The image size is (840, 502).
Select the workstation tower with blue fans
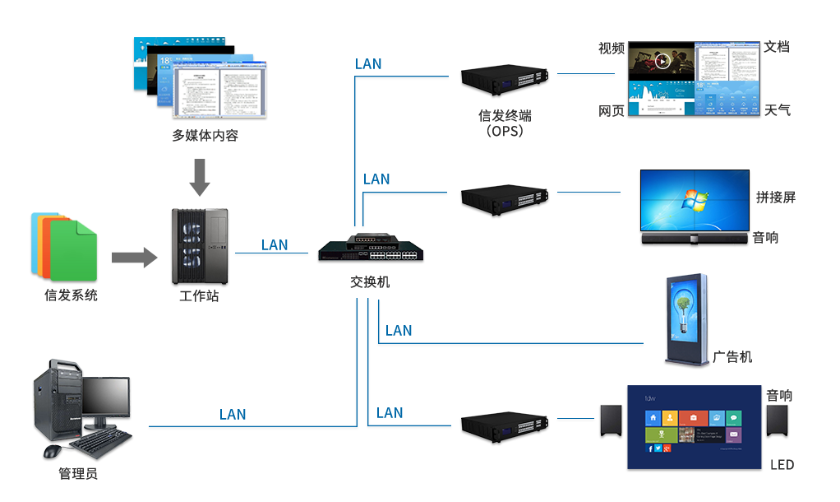[200, 245]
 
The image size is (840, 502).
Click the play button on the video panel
[662, 60]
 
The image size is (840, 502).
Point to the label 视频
[612, 49]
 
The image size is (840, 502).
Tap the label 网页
[612, 110]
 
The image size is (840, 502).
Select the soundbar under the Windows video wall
[695, 239]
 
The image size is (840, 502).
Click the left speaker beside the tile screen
[609, 423]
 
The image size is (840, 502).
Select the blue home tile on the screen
[653, 417]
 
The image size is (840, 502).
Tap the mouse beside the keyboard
[53, 452]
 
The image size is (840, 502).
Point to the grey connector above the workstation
[200, 177]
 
